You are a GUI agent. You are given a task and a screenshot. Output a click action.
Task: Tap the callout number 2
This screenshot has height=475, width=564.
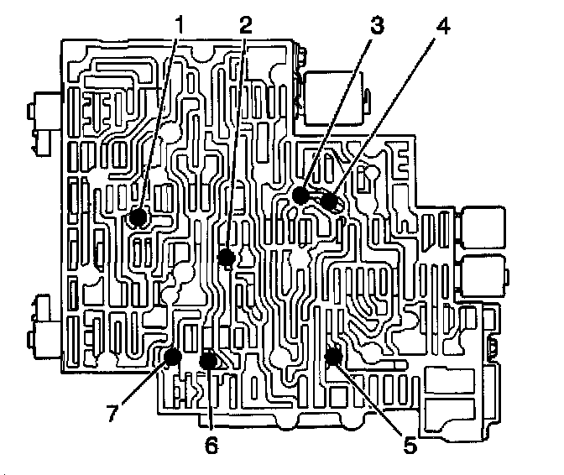245,25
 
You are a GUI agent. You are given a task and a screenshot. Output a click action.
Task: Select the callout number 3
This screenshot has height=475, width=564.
377,25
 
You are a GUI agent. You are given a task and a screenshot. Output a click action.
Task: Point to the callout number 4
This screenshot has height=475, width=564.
442,25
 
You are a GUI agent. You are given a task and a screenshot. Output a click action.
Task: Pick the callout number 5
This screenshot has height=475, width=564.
409,445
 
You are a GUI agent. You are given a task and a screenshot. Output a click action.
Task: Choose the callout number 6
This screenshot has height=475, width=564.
211,445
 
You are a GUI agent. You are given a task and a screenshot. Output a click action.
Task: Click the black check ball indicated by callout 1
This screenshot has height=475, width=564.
138,219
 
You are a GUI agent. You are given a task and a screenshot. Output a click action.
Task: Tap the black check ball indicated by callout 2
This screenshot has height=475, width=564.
225,257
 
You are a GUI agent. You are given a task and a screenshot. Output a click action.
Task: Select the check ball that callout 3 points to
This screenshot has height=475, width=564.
300,197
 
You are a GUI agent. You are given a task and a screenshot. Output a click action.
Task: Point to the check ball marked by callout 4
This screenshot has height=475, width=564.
329,202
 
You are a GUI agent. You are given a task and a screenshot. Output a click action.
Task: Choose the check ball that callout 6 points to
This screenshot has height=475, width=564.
208,361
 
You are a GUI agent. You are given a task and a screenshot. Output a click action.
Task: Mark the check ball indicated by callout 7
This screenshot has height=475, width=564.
174,358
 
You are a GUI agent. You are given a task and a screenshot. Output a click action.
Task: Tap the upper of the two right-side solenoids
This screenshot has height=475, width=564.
483,228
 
